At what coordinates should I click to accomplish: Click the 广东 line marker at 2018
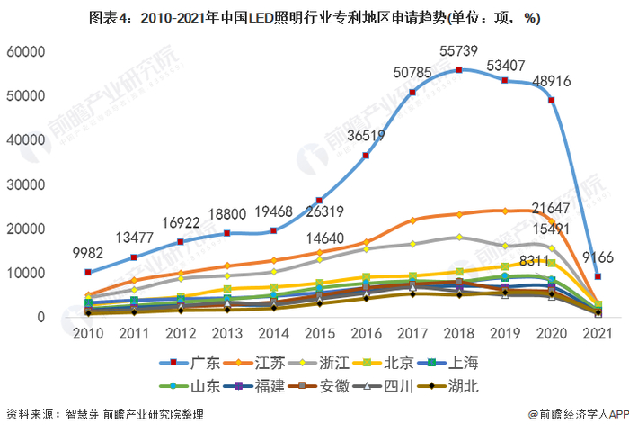(459, 70)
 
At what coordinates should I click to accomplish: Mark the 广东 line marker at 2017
(412, 92)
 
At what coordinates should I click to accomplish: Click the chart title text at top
(314, 17)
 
